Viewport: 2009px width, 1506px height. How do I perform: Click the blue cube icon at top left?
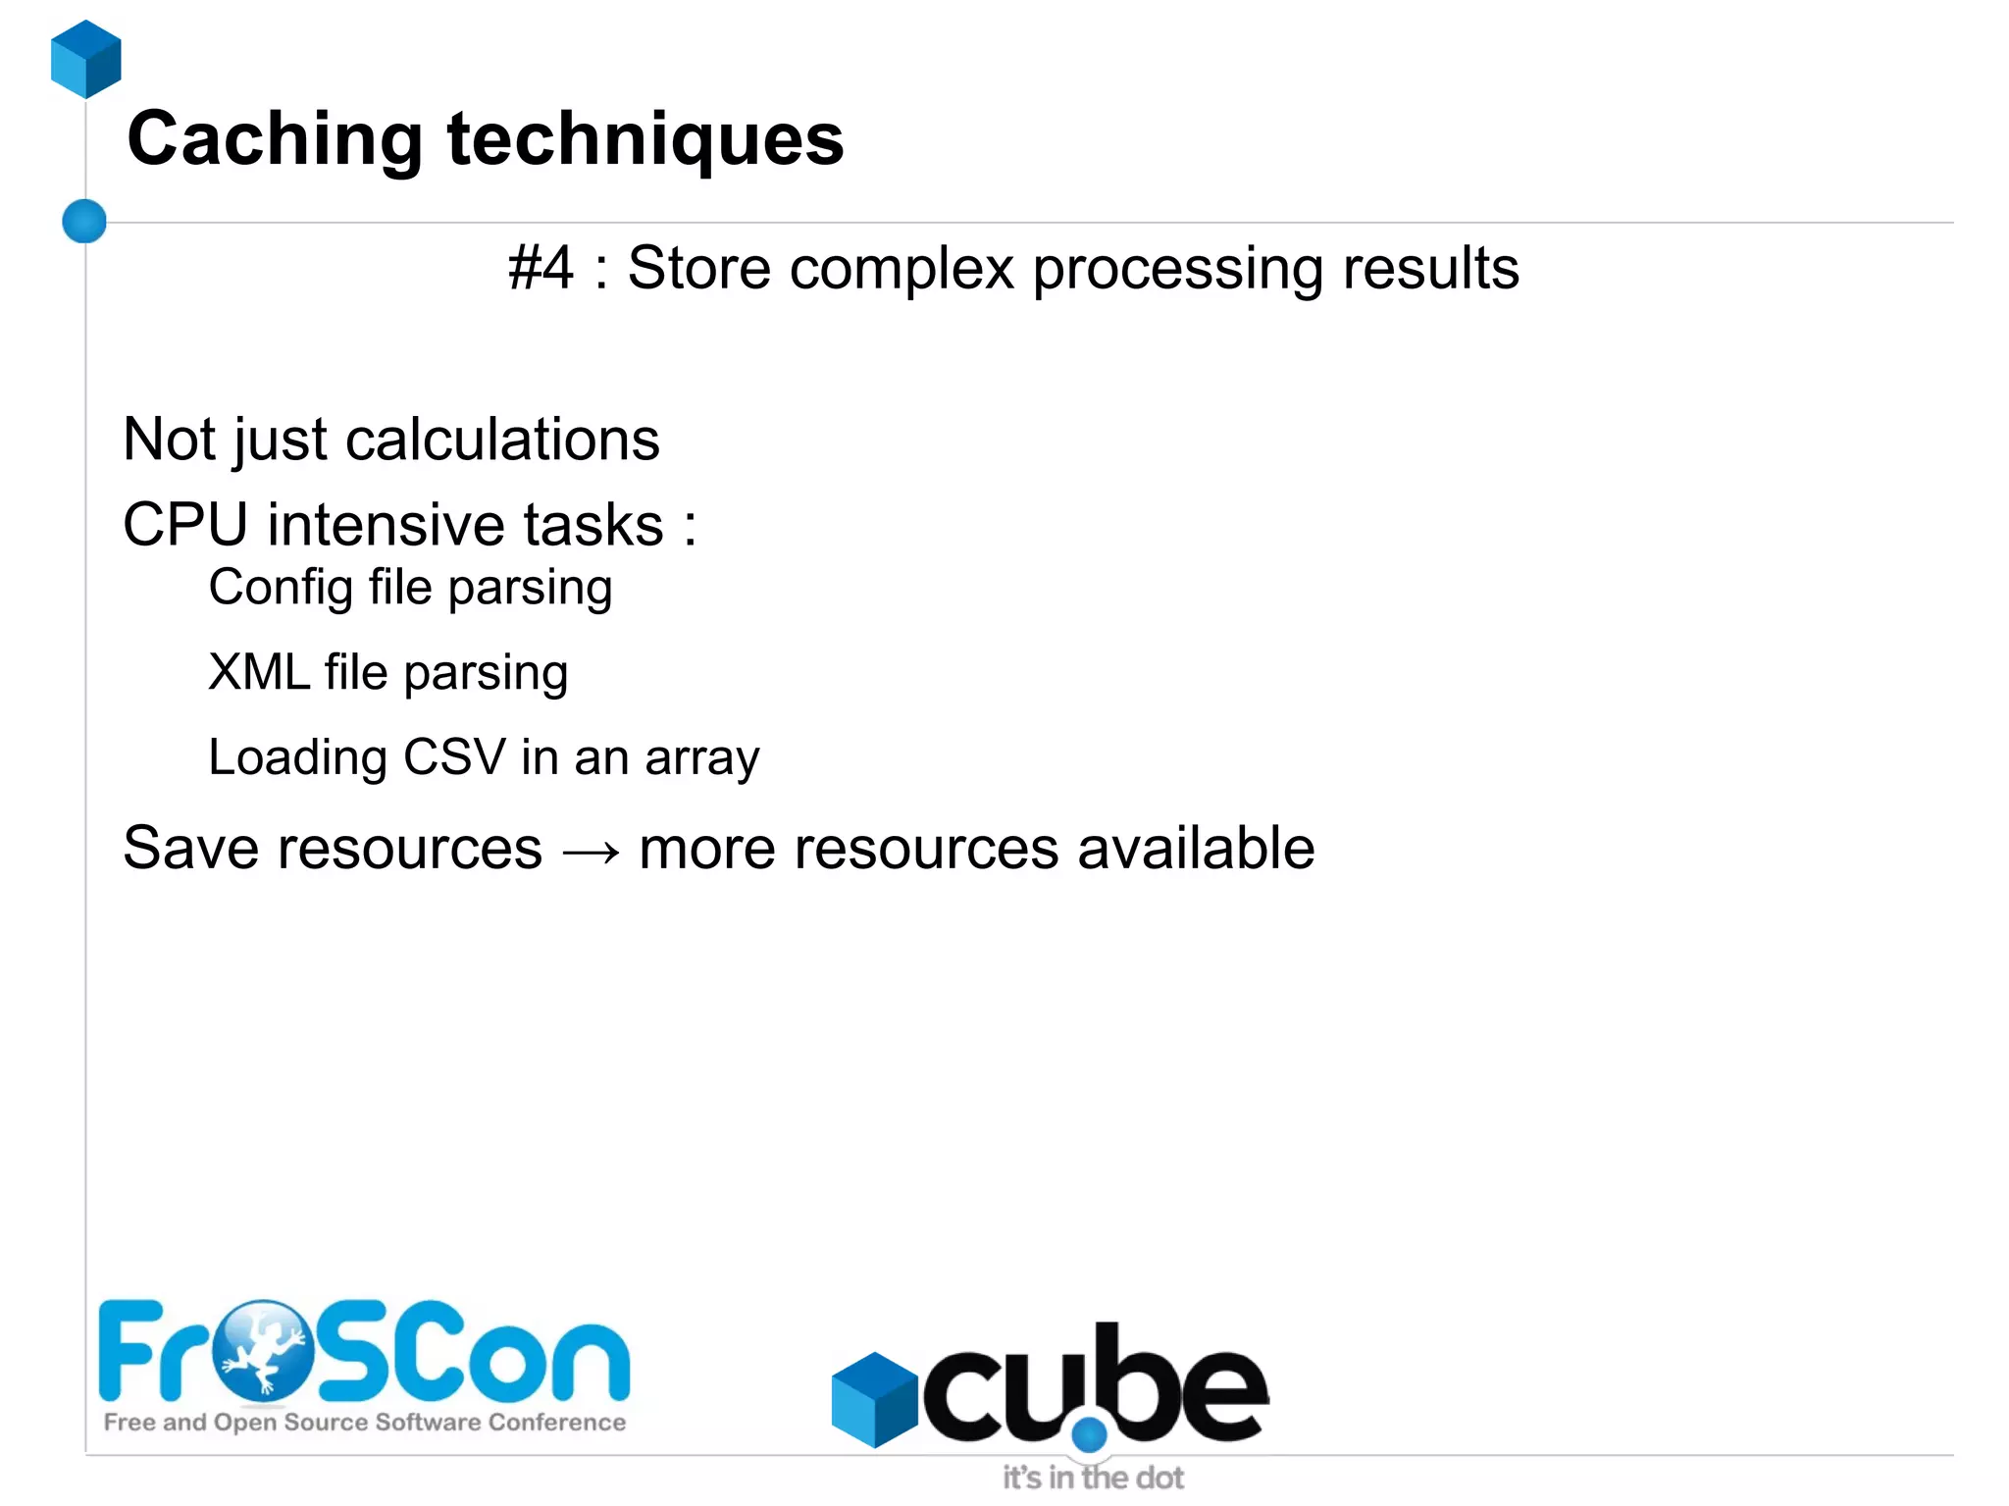(86, 59)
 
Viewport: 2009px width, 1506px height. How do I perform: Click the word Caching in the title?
(275, 139)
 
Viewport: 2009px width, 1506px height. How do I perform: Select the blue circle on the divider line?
(84, 221)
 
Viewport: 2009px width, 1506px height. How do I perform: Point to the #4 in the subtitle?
(541, 268)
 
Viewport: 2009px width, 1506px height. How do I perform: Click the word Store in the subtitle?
(698, 268)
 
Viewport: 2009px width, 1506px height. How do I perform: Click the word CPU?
(185, 524)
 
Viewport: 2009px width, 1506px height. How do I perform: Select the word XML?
(258, 673)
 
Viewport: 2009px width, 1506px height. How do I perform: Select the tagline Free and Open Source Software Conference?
(365, 1422)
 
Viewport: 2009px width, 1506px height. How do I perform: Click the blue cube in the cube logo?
(873, 1399)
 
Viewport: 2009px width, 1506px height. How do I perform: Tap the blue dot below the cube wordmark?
(1089, 1435)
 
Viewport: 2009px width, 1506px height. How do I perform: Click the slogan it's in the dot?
(1093, 1478)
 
